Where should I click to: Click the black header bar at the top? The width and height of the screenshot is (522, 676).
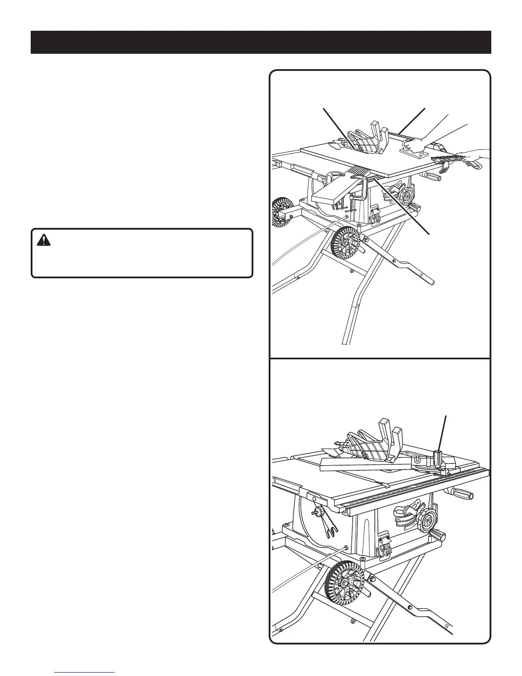tap(261, 42)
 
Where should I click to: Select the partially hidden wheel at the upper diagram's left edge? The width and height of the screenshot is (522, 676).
tap(278, 213)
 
